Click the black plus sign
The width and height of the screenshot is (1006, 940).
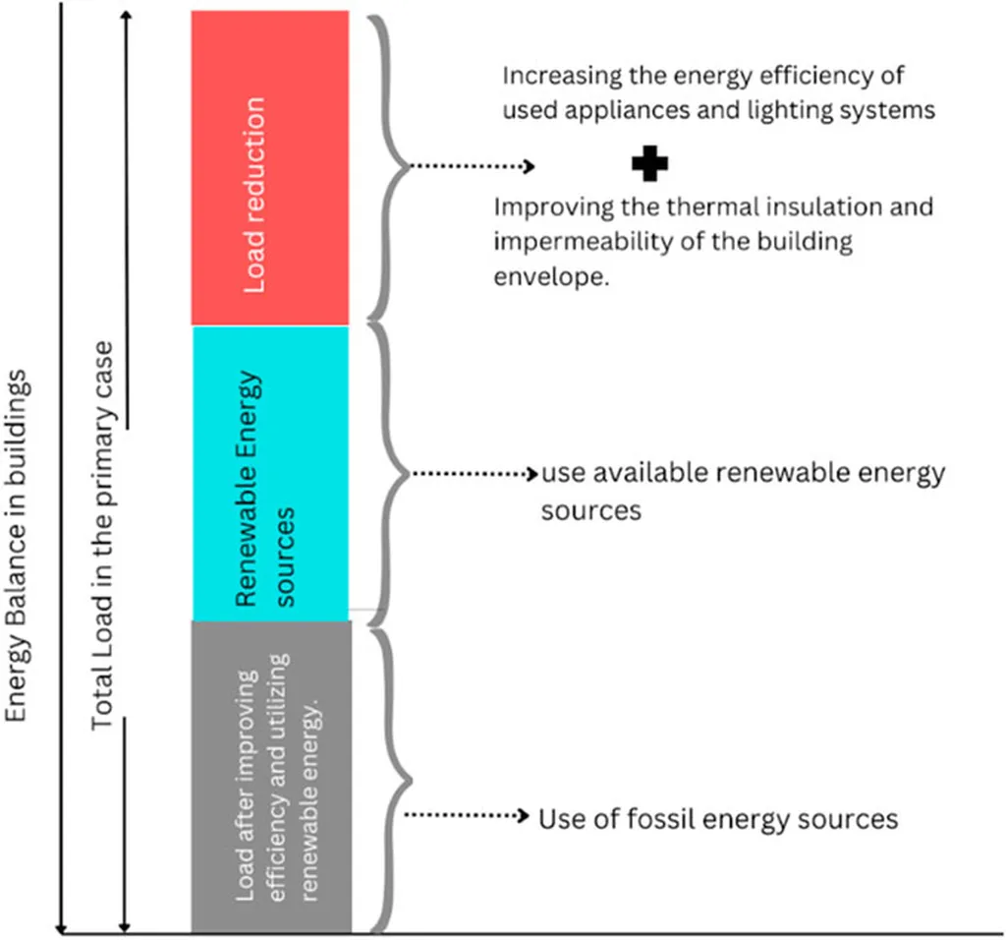coord(649,165)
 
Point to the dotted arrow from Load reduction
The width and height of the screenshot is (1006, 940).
coord(472,166)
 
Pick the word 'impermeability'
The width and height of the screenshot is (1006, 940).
coord(568,242)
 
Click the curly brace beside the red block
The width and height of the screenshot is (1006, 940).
coord(388,167)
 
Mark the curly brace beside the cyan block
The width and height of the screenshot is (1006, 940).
coord(388,472)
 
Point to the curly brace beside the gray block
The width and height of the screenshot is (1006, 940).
coord(388,777)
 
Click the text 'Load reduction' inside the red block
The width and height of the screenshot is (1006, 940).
coord(255,195)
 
